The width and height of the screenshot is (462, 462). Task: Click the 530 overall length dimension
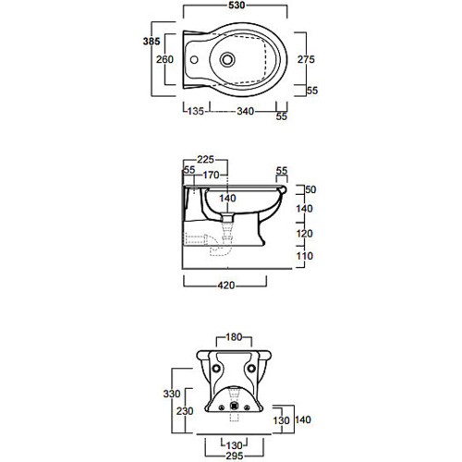237,6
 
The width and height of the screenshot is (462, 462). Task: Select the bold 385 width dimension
152,42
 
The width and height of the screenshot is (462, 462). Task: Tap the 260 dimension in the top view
164,59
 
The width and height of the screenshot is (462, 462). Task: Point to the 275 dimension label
306,59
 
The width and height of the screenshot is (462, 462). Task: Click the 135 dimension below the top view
196,111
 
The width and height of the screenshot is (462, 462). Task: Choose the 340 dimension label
246,111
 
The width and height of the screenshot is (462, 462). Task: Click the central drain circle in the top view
227,59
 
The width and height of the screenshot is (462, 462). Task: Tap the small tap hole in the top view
194,59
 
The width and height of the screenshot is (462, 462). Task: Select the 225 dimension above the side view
205,159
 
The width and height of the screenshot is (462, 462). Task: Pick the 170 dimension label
212,175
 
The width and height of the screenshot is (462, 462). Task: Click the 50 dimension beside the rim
310,189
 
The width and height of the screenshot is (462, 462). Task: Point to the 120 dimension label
304,234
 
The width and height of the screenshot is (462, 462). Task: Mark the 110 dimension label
304,256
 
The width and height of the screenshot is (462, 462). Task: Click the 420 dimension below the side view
226,286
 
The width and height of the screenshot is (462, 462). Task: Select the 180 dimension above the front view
234,337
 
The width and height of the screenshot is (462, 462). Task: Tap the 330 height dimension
172,394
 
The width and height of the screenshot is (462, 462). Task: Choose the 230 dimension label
185,411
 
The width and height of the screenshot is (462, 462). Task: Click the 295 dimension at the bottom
235,456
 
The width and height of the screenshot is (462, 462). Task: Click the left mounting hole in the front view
215,368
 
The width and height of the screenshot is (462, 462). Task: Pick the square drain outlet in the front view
234,407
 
